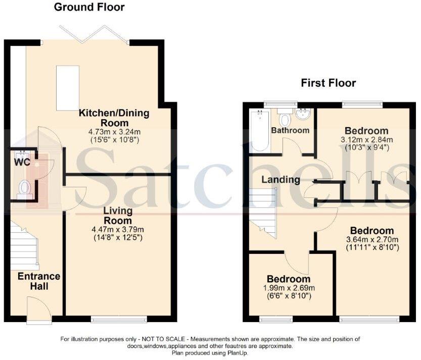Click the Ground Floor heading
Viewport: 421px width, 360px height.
[x=89, y=7]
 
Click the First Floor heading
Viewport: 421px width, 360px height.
[x=329, y=83]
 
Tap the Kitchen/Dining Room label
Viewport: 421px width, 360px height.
[x=113, y=118]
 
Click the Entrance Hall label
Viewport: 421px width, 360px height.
[x=39, y=281]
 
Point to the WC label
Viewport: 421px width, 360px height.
[x=22, y=162]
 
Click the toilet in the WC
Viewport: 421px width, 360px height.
[x=24, y=188]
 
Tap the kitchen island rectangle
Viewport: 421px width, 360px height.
[x=67, y=88]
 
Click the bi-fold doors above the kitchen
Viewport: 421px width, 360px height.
[x=93, y=34]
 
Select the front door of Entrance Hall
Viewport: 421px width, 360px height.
[x=39, y=311]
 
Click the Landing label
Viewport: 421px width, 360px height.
[x=280, y=179]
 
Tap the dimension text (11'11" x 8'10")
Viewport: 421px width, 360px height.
[x=373, y=247]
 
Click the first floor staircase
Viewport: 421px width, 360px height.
[x=263, y=212]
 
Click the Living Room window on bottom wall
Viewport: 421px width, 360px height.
[x=119, y=319]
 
